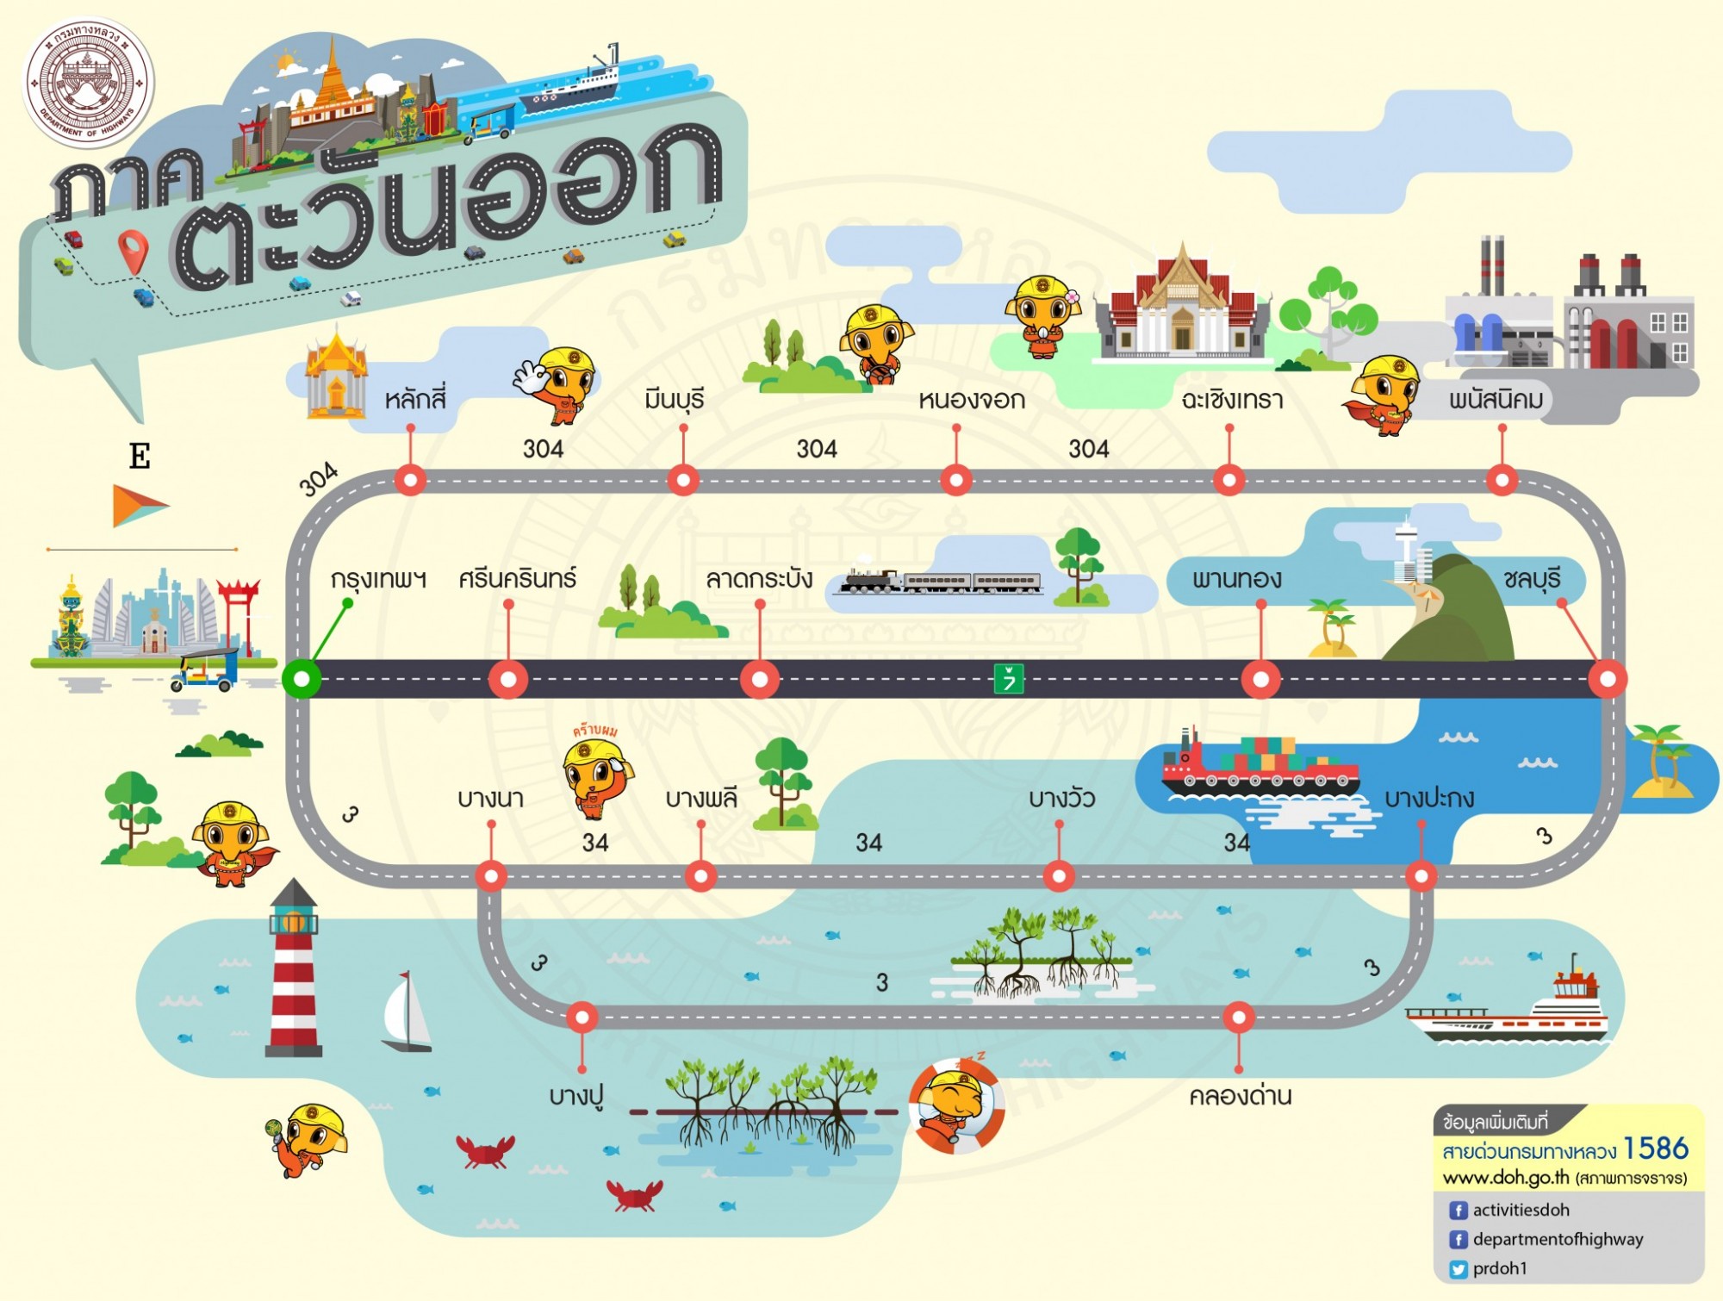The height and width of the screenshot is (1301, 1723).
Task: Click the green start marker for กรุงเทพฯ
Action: tap(302, 679)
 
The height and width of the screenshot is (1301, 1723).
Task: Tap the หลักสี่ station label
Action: tap(415, 399)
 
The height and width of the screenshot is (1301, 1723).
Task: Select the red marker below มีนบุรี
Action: tap(683, 479)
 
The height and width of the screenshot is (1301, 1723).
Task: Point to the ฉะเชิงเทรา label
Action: tap(1232, 400)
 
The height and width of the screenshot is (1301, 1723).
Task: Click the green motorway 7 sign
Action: tap(1008, 678)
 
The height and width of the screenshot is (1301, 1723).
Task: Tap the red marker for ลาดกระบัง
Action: tap(759, 679)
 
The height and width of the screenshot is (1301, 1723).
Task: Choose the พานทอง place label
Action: tap(1236, 578)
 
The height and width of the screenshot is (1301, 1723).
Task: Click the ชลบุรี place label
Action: tap(1532, 579)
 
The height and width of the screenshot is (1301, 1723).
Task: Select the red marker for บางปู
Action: tap(582, 1018)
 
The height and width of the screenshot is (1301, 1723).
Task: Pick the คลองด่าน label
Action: tap(1241, 1096)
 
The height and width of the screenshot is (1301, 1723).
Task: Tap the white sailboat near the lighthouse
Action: tap(407, 1012)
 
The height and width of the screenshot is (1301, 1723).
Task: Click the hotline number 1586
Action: tap(1656, 1148)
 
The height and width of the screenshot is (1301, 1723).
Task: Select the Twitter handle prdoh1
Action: tap(1500, 1268)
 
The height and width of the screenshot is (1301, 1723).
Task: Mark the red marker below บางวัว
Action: tap(1059, 877)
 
